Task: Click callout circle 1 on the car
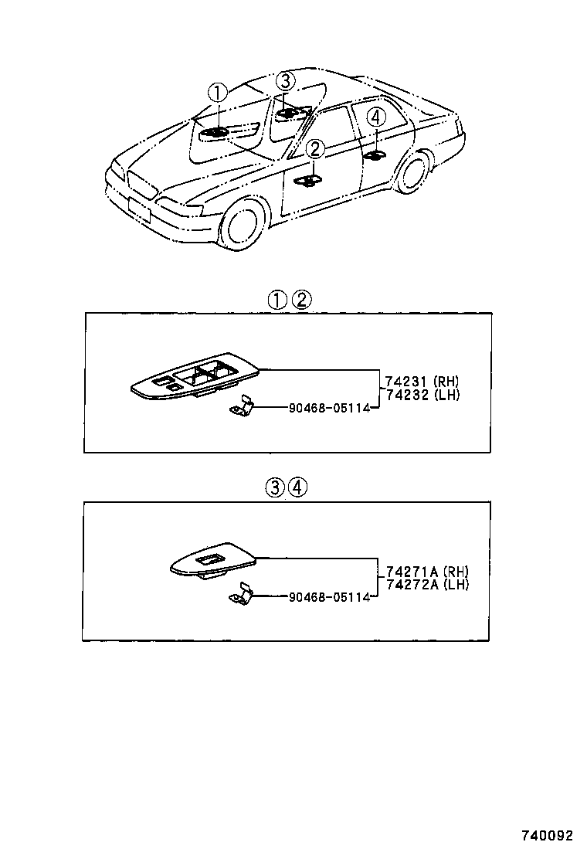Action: pos(219,93)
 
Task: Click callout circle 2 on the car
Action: pos(315,149)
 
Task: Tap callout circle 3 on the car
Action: pos(286,80)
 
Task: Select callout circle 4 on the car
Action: pos(375,117)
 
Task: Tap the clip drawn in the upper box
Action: pos(242,406)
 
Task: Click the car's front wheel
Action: pos(246,223)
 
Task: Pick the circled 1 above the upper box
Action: pos(277,300)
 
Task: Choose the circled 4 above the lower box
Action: pos(298,487)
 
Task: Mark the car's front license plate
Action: pos(139,209)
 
